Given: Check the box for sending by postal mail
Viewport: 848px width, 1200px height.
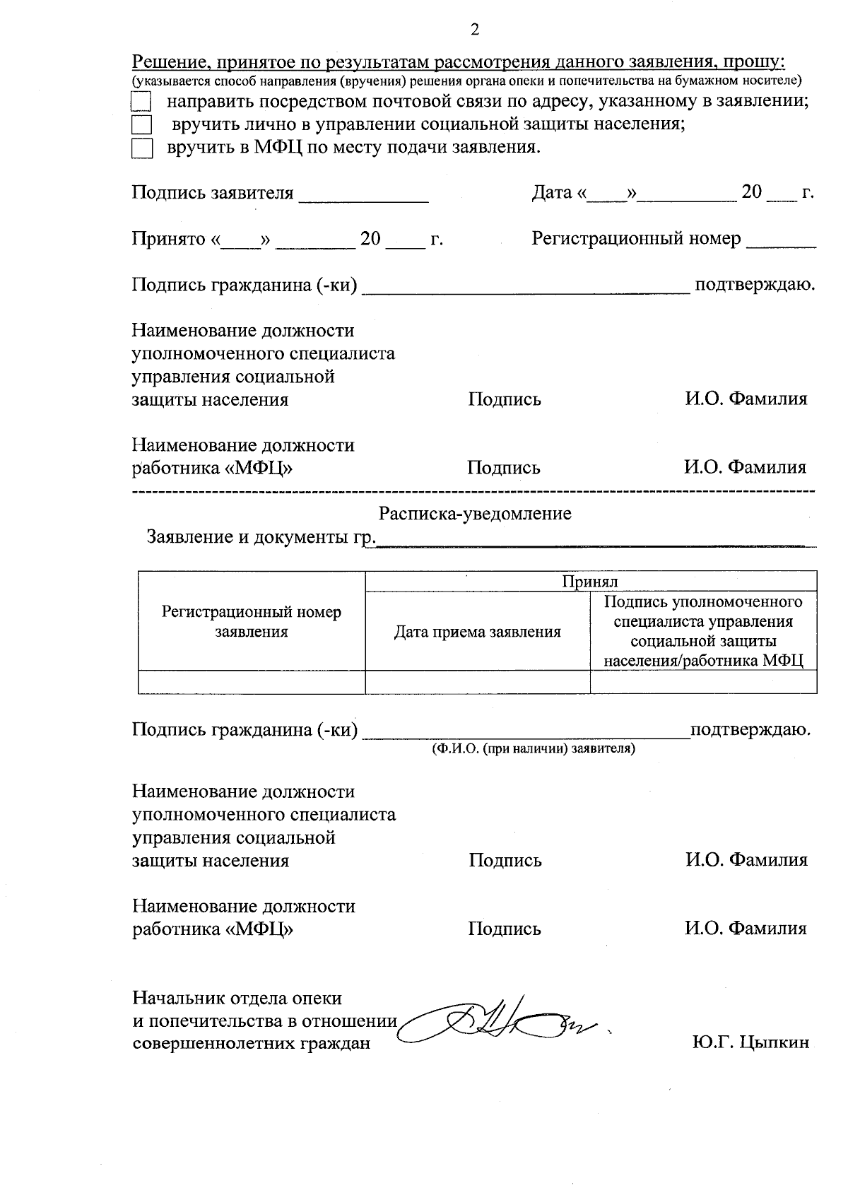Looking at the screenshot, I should click(142, 101).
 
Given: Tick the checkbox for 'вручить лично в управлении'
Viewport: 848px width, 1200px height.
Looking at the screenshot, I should click(142, 125).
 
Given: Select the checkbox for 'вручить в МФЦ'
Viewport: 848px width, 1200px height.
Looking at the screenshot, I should click(142, 149).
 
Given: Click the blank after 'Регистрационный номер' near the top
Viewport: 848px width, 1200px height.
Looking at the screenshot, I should click(781, 243).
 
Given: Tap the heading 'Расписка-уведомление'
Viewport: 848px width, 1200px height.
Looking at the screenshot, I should click(475, 514).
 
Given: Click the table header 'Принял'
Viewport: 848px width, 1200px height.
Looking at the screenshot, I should click(590, 582).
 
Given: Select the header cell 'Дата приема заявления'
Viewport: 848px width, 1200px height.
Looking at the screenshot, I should click(477, 632).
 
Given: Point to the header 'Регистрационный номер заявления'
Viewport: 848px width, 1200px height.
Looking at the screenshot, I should click(252, 622).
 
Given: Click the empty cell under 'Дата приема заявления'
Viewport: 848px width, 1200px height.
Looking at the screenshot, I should click(477, 682).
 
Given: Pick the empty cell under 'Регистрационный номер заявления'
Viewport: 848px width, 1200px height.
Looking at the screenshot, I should click(252, 682).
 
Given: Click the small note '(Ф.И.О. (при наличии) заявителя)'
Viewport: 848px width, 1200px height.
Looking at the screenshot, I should click(534, 748).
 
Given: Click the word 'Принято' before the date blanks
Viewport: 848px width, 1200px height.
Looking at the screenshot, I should click(167, 239).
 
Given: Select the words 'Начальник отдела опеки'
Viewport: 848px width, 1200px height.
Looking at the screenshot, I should click(237, 999).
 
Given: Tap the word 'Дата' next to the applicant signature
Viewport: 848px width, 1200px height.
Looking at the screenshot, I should click(552, 192).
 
